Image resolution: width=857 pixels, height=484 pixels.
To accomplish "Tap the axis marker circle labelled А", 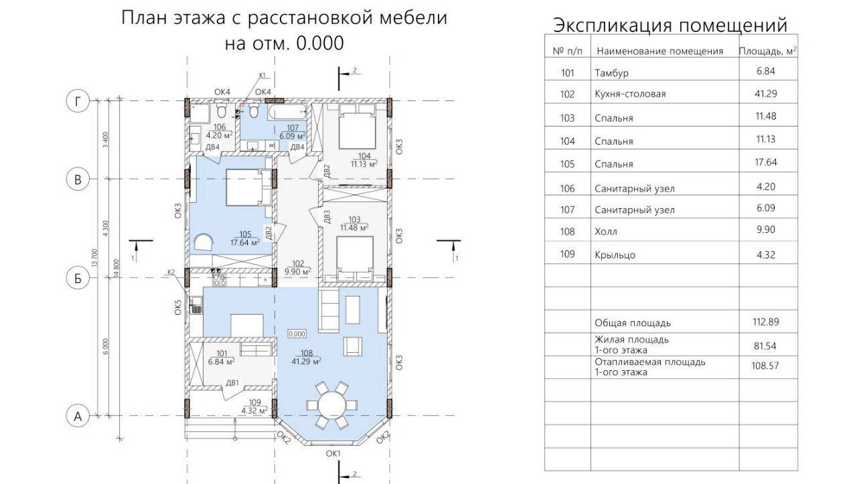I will pyautogui.click(x=78, y=416).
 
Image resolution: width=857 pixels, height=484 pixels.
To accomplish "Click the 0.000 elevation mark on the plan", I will pyautogui.click(x=297, y=333).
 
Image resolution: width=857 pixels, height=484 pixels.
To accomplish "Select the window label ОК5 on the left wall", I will pyautogui.click(x=178, y=307).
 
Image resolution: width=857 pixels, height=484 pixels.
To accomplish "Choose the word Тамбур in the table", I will pyautogui.click(x=611, y=73).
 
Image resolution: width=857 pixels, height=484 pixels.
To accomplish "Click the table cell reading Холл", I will pyautogui.click(x=606, y=232).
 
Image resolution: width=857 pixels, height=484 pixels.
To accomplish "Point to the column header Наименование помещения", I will pyautogui.click(x=659, y=51).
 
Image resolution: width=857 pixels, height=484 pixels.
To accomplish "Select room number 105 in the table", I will pyautogui.click(x=568, y=164).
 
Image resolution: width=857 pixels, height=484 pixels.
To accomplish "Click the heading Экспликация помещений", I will pyautogui.click(x=670, y=25).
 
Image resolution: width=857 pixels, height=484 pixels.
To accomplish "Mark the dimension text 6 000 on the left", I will pyautogui.click(x=105, y=346).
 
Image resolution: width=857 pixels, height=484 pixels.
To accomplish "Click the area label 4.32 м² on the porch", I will pyautogui.click(x=254, y=410).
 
